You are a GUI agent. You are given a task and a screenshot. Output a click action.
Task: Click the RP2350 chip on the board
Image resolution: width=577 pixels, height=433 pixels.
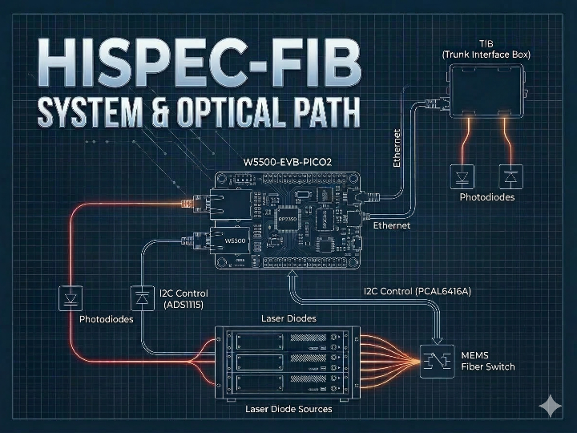click(x=287, y=218)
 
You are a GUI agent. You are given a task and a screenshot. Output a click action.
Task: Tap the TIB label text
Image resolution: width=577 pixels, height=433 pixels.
click(x=486, y=42)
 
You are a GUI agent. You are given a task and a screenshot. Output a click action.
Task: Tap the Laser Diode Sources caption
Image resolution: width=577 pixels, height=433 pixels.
click(x=288, y=409)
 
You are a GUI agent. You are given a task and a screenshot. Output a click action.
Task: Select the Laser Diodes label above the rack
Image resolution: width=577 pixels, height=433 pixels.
click(x=288, y=318)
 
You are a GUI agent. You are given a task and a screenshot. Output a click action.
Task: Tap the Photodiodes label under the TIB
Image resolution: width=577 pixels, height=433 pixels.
click(x=486, y=196)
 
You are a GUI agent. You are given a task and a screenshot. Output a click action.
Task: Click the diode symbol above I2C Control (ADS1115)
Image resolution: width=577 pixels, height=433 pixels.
click(x=143, y=299)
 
